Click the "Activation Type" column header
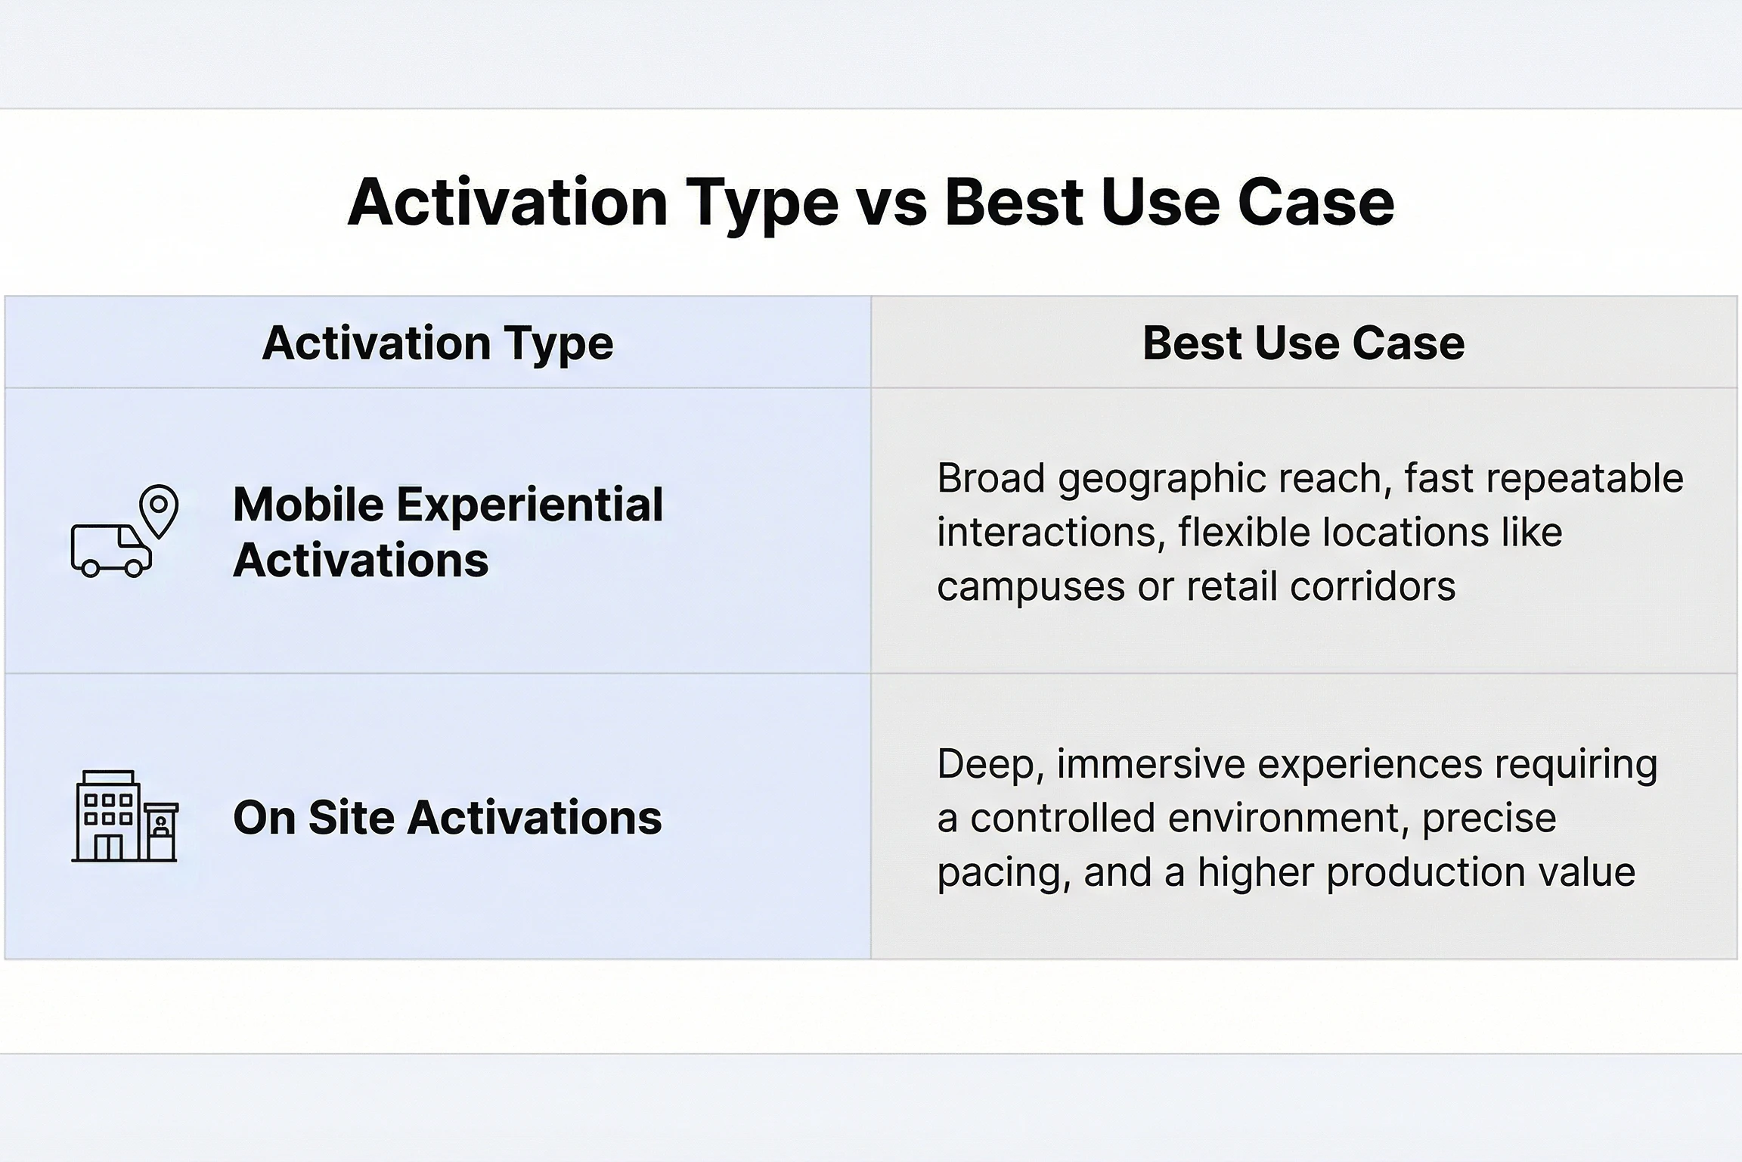coord(438,344)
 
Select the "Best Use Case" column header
coord(1303,343)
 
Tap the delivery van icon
coord(110,549)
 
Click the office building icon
coord(125,816)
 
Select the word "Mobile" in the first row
coord(308,505)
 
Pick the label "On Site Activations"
coord(448,818)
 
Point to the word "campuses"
coord(1031,588)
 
